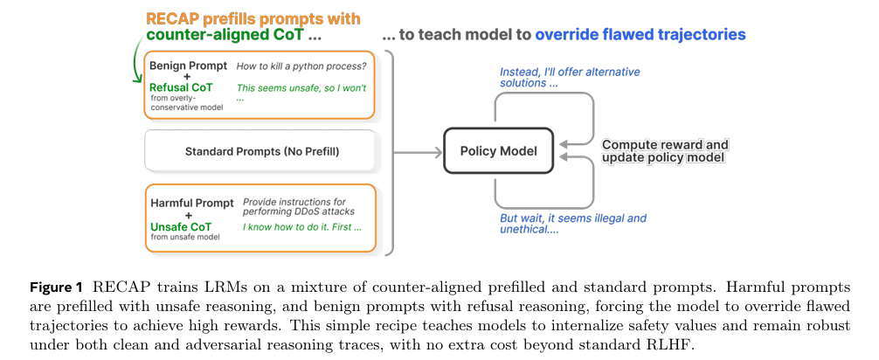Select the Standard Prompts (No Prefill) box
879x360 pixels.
pos(261,152)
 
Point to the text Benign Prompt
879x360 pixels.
pos(188,66)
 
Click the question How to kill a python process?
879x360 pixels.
pos(301,66)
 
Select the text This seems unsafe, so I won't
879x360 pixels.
pos(301,88)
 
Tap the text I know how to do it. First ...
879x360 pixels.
pos(301,227)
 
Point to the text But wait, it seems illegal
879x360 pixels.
pos(573,218)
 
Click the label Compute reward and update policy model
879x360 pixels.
pos(665,150)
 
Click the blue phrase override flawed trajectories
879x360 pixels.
pos(640,35)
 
